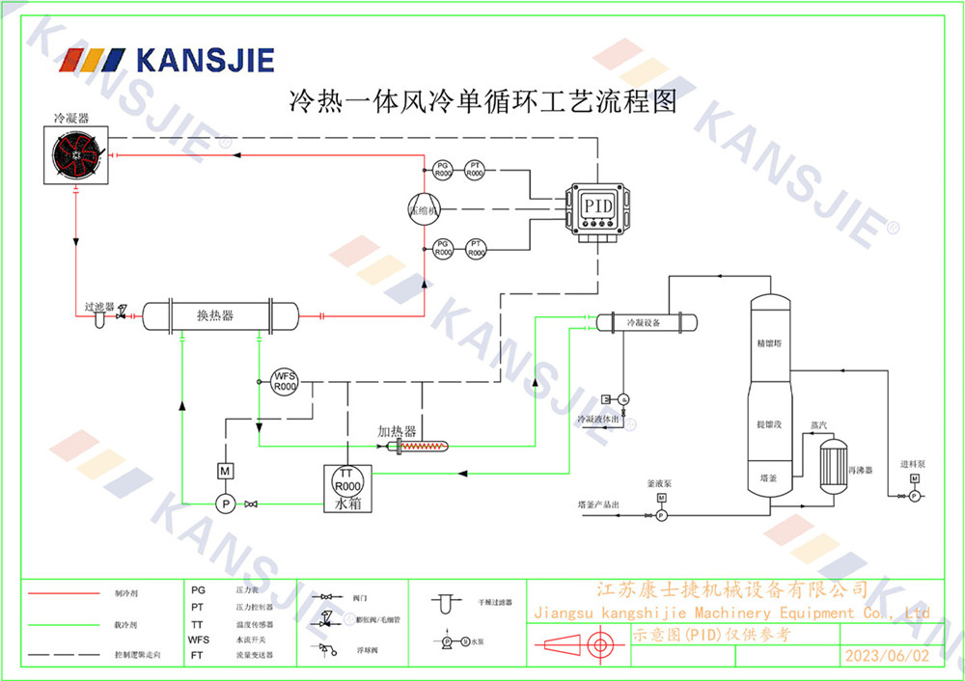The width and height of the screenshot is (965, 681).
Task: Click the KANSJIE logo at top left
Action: click(x=167, y=60)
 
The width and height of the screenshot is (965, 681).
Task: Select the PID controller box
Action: click(x=598, y=205)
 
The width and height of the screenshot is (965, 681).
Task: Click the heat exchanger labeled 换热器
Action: click(x=220, y=315)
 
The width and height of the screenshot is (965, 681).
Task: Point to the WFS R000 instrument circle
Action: click(x=285, y=381)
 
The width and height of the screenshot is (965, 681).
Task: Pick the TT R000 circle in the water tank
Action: click(x=347, y=479)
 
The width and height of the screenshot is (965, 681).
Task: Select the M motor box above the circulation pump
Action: click(x=224, y=471)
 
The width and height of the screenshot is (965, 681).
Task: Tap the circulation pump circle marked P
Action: click(x=224, y=503)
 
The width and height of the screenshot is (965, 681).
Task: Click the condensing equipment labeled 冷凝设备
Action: click(x=644, y=323)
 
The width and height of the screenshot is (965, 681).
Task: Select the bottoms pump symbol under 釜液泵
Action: click(x=661, y=515)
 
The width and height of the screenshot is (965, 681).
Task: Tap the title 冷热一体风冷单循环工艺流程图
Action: click(x=482, y=100)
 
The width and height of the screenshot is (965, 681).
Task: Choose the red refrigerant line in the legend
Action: click(x=64, y=592)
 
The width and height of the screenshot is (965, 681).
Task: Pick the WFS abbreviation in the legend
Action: click(x=199, y=640)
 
